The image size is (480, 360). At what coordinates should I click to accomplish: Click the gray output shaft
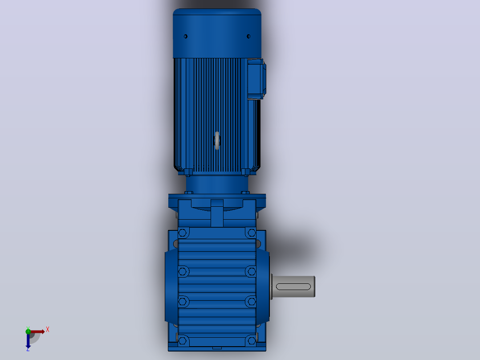293,286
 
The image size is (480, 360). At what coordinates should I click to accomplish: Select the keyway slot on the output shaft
293,286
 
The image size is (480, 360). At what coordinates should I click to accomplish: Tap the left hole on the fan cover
186,37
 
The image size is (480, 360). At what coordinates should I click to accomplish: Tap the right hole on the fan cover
248,37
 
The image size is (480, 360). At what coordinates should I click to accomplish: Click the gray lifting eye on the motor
217,141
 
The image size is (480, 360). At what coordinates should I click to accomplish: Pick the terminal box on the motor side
256,79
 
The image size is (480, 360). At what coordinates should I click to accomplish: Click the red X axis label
48,330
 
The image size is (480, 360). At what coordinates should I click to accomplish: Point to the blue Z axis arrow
28,340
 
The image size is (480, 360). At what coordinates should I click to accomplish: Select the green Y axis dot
28,331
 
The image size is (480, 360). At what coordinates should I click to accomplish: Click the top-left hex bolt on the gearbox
183,233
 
